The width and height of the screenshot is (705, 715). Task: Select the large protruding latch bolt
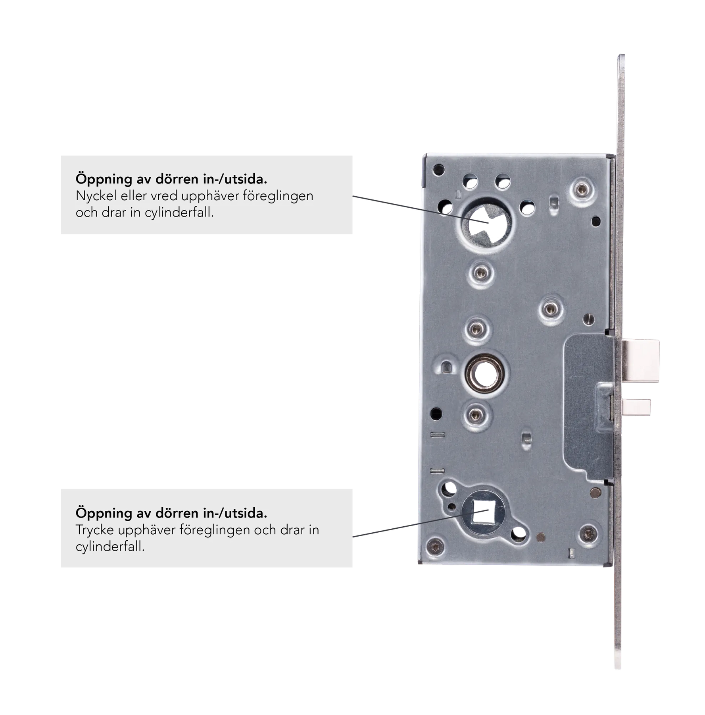tap(640, 361)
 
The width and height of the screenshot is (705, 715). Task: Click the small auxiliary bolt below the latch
tap(636, 407)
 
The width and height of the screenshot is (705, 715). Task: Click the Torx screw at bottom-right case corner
tap(588, 533)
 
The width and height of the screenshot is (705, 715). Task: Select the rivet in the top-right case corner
tap(582, 190)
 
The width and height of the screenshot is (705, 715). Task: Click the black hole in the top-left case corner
tap(438, 170)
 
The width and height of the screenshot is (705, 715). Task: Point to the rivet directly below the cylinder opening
tap(481, 272)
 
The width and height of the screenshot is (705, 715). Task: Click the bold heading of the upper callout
tap(171, 179)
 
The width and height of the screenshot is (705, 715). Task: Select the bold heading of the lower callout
tap(171, 513)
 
